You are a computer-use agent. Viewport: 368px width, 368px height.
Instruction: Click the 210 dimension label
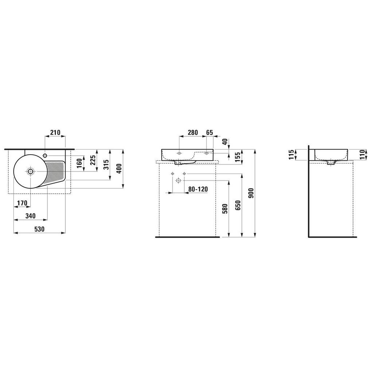(55, 133)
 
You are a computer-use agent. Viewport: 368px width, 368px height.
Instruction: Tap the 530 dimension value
(39, 229)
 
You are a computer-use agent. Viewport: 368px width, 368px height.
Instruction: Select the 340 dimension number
(31, 216)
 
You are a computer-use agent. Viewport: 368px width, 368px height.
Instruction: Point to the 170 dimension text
(22, 203)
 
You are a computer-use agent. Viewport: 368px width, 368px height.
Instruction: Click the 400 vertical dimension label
(119, 168)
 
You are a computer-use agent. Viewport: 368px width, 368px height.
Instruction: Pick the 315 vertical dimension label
(106, 165)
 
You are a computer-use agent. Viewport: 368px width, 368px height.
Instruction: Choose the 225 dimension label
(93, 160)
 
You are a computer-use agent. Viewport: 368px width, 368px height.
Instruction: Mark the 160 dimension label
(80, 163)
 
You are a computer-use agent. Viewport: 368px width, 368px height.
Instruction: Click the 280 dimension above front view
(193, 133)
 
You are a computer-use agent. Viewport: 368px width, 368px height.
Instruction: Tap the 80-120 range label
(198, 189)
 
